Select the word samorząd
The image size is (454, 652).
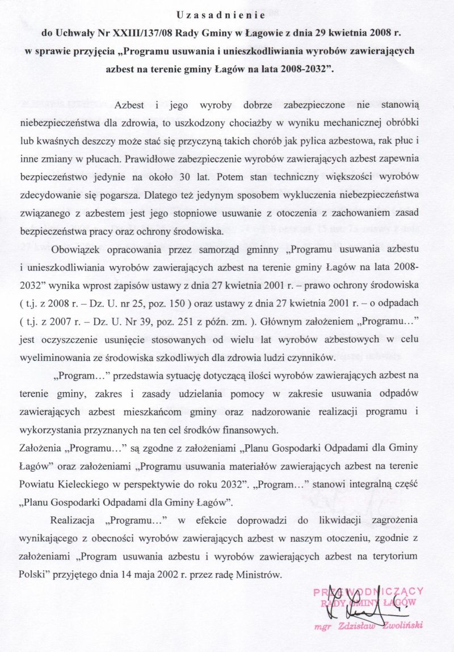point(219,250)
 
